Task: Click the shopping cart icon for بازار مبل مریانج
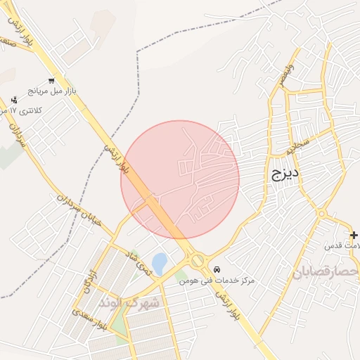pyautogui.click(x=51, y=80)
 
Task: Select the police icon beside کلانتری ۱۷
pyautogui.click(x=13, y=101)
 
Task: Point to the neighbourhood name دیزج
pyautogui.click(x=285, y=172)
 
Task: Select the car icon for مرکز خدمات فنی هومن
pyautogui.click(x=217, y=269)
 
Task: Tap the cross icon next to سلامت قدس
pyautogui.click(x=354, y=235)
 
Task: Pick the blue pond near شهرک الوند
pyautogui.click(x=160, y=264)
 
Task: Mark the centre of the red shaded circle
pyautogui.click(x=180, y=179)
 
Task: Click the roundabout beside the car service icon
pyautogui.click(x=198, y=261)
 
